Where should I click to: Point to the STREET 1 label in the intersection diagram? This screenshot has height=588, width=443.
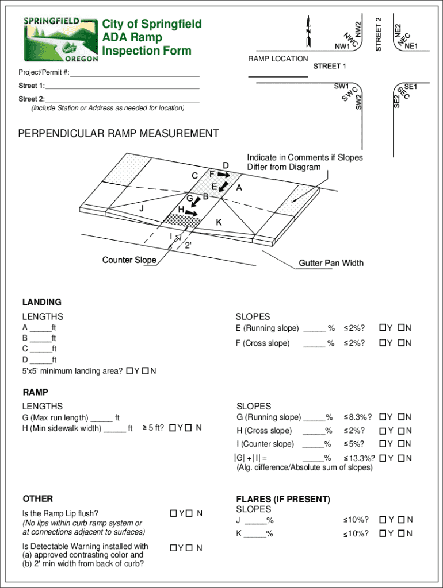pos(330,66)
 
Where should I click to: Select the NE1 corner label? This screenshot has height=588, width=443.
pos(411,47)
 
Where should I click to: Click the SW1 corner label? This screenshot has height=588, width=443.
pos(342,87)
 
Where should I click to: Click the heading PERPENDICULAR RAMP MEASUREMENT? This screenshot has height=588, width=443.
pos(119,134)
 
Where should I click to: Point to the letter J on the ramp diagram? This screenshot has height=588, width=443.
pos(141,208)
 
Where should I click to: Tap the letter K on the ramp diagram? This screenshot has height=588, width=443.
pos(219,222)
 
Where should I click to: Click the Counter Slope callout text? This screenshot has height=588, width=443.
pos(129,260)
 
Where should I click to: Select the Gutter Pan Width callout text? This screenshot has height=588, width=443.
pos(331,263)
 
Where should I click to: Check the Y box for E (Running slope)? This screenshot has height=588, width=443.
pos(382,328)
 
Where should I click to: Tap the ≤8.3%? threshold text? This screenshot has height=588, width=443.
pos(357,417)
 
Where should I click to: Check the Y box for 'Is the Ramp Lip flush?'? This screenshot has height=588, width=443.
pos(173,513)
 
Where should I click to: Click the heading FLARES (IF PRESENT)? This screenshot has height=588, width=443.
pos(283,500)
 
